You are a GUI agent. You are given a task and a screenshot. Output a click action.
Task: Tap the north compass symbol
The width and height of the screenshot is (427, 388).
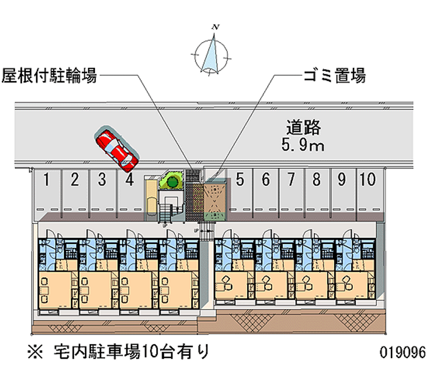(213, 53)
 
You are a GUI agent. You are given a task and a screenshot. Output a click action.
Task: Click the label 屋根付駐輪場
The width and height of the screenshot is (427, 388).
(50, 76)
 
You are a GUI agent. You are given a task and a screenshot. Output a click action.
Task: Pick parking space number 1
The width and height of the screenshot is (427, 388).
(48, 180)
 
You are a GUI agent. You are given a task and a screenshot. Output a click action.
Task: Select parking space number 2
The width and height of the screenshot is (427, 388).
(75, 180)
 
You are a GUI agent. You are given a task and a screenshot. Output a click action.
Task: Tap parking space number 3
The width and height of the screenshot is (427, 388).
(102, 180)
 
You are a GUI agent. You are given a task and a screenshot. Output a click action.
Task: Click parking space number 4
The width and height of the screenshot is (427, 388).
(129, 180)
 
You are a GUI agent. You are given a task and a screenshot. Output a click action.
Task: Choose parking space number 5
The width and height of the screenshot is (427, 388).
(240, 180)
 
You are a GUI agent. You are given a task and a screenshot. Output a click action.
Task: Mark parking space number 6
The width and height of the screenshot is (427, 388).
(266, 180)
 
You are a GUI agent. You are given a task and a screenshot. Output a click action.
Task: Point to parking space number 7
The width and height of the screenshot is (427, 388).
(291, 180)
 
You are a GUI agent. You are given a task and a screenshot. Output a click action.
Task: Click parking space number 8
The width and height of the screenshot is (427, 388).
(317, 180)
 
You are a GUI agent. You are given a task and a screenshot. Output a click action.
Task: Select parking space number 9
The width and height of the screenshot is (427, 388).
(342, 180)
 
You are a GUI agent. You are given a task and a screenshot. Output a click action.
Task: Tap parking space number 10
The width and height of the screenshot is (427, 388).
(367, 180)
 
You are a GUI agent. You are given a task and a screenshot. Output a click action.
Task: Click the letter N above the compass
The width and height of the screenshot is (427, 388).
(215, 26)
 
